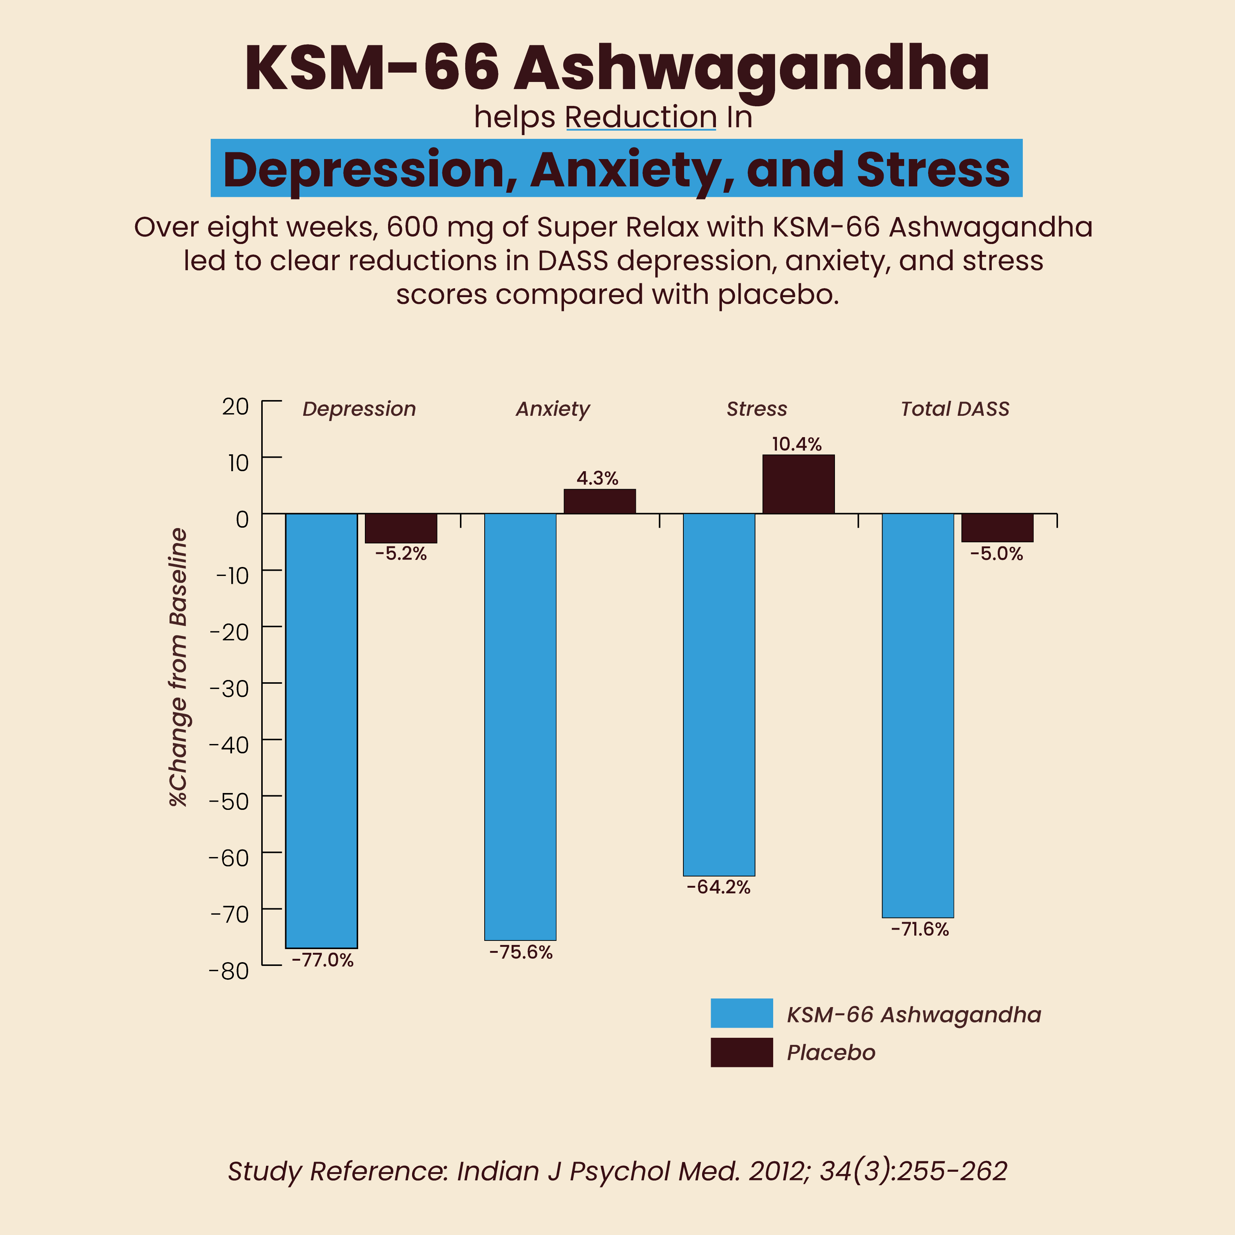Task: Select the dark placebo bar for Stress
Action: (x=798, y=484)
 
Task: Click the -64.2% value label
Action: (x=719, y=887)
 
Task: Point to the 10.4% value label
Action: (x=796, y=444)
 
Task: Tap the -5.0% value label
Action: (x=997, y=554)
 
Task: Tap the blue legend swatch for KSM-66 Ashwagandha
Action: (x=741, y=1013)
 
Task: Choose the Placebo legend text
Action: (x=830, y=1052)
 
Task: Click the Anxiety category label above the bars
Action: (x=552, y=409)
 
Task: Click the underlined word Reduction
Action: (x=640, y=118)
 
